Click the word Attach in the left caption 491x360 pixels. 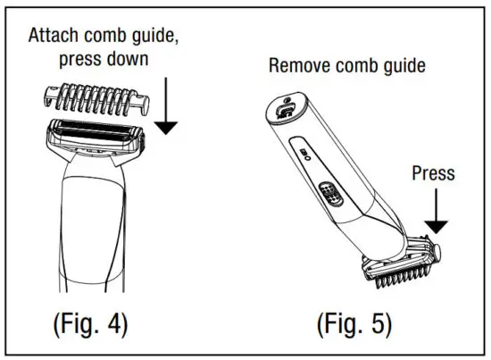[53, 37]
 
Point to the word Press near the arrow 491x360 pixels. [434, 173]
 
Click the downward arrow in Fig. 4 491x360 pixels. [164, 112]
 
